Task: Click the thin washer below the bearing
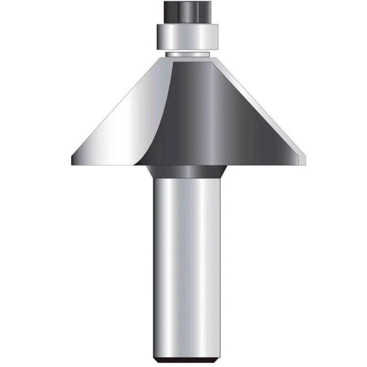click(x=188, y=54)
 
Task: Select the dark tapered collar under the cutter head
click(x=188, y=171)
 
